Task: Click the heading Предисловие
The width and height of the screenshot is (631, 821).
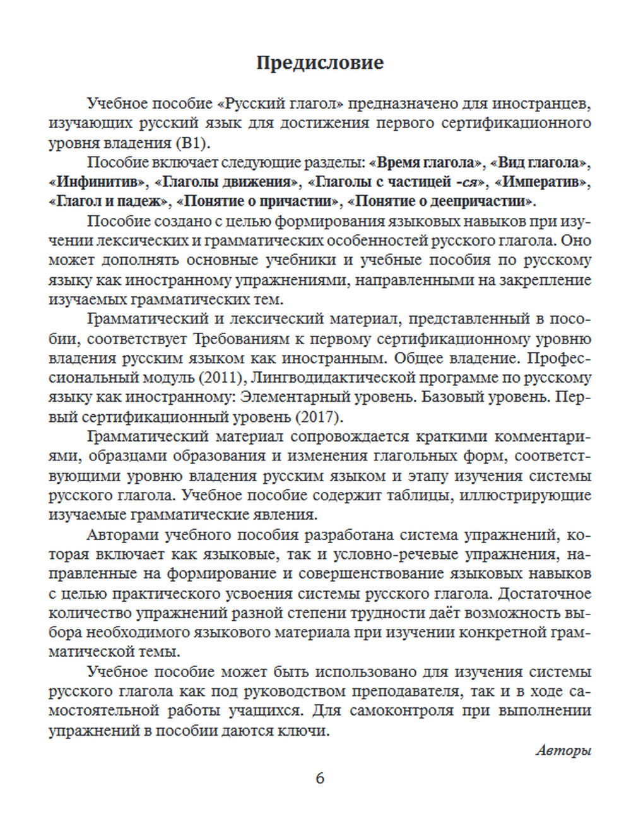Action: click(320, 63)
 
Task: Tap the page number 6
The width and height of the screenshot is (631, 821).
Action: click(320, 778)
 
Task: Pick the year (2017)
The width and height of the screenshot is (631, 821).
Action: click(317, 417)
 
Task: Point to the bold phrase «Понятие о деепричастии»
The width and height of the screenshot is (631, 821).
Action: click(441, 201)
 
